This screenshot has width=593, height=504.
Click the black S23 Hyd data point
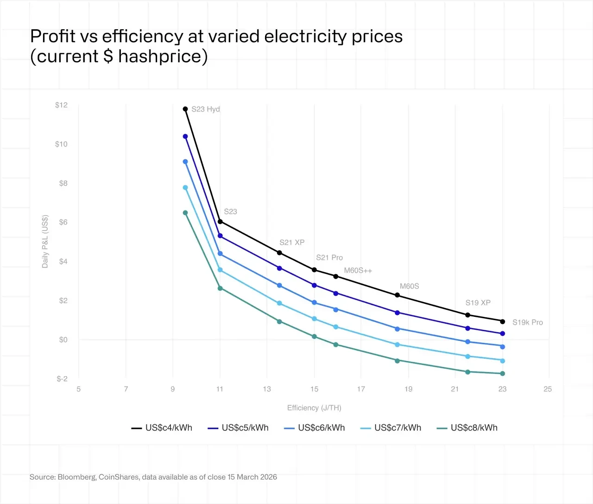185,109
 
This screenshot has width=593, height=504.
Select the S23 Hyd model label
206,109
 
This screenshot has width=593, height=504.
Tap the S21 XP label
292,242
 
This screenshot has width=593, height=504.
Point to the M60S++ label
358,271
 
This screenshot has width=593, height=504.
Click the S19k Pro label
527,322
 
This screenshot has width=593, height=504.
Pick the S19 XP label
478,302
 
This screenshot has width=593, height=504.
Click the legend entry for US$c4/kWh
162,428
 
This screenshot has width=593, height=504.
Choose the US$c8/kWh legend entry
467,428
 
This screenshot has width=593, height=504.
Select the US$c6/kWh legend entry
315,428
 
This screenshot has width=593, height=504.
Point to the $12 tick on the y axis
61,105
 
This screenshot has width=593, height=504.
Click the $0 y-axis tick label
63,340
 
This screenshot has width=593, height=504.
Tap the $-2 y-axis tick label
62,379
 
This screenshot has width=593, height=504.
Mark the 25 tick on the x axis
548,389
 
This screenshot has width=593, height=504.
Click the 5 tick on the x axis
79,389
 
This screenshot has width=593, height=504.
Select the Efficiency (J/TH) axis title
314,408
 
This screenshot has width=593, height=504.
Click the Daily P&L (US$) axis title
45,241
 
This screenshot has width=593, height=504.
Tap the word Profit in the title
52,37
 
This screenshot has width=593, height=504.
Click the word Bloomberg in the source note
77,477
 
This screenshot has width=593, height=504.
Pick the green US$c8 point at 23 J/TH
502,374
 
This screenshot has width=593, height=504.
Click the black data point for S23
220,221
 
